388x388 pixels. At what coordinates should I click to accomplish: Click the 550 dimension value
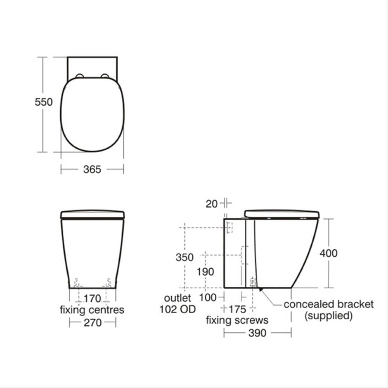click(x=44, y=102)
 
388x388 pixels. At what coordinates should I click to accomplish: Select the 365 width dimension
click(x=92, y=170)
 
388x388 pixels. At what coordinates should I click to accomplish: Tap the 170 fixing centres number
click(x=92, y=298)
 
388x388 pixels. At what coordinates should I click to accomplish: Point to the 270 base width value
click(x=92, y=323)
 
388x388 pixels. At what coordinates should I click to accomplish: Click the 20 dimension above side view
click(x=212, y=204)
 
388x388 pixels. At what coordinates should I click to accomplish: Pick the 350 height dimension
click(x=185, y=257)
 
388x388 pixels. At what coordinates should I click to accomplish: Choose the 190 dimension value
click(x=205, y=272)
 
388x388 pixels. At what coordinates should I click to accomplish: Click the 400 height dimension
click(x=329, y=253)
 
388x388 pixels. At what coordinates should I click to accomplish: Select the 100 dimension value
click(x=208, y=298)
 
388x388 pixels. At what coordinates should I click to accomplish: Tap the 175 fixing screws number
click(x=237, y=309)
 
